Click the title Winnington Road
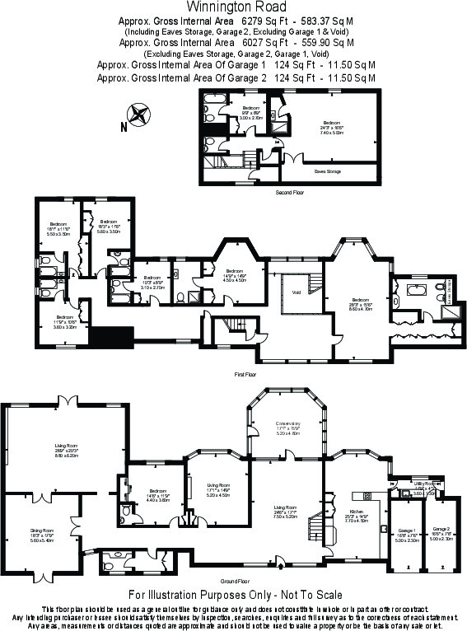(234, 7)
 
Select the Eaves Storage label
(327, 171)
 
